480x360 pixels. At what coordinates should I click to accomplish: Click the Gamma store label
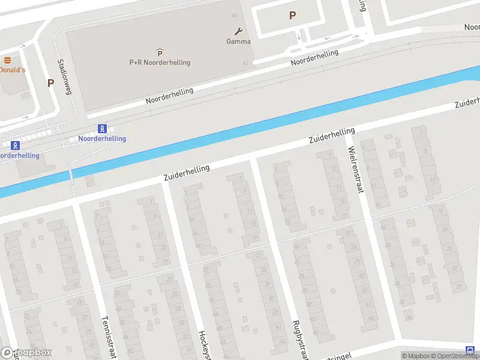238,41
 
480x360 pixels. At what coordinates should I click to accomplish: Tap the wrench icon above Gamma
238,31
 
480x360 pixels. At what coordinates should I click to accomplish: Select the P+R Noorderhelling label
160,62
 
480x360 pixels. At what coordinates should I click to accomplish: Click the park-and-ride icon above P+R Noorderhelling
160,53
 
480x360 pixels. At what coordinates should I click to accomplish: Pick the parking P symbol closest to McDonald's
51,83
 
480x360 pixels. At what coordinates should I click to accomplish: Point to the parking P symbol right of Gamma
292,16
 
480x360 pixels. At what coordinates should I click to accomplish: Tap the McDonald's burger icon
7,60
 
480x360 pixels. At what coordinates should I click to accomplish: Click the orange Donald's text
12,70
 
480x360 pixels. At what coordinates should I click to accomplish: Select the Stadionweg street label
64,77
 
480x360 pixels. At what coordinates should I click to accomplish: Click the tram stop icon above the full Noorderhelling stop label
103,128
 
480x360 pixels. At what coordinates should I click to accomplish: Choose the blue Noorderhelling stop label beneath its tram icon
102,139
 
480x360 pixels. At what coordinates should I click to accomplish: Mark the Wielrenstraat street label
355,171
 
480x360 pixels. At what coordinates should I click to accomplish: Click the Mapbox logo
26,353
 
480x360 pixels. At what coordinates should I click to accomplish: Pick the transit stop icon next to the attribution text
469,350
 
